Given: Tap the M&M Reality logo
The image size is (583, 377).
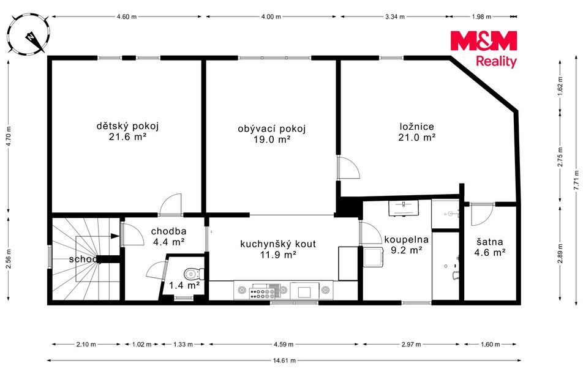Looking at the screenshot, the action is point(484,49).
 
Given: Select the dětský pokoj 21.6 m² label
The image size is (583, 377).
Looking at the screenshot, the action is point(127,132).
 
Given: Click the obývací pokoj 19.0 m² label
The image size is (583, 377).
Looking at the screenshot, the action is point(272,134).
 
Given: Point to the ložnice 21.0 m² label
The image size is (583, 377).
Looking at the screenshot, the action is point(417,132).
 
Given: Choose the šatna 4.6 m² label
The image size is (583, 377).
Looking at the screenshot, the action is point(490,247).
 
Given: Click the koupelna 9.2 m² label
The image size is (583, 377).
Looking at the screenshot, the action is point(407,245).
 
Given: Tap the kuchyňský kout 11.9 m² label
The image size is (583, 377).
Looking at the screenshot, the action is point(278,249).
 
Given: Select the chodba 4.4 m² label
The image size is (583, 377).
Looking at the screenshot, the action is point(169,237).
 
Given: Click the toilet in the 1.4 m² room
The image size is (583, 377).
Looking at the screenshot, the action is point(195,274).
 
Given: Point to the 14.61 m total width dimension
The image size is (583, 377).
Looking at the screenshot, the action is point(284,360).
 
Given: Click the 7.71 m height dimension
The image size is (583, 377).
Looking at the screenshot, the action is point(576,180).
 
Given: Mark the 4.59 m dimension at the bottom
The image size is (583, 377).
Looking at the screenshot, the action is point(284,345).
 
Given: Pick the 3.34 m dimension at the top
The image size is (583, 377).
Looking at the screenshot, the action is point(395,17).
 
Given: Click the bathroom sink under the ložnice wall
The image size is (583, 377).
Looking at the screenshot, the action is point(404,207).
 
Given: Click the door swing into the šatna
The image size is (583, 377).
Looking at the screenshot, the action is point(482,214).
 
